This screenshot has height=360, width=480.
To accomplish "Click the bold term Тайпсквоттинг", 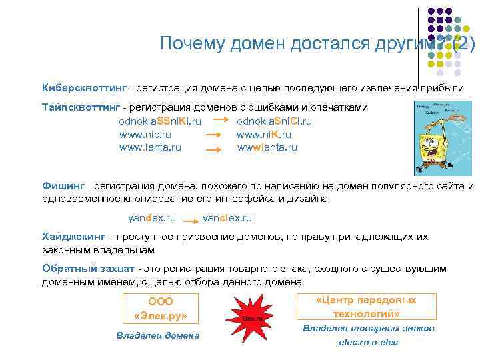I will (82, 107).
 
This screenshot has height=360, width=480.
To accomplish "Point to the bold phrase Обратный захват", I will (88, 269).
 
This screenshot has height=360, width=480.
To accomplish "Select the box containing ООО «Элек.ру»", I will (160, 309).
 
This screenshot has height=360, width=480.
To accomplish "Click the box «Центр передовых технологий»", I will (367, 307).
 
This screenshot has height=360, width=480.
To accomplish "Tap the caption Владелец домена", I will (158, 335).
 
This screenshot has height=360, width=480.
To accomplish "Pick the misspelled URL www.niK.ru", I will (263, 134).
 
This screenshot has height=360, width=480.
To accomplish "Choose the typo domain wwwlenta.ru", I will (267, 147).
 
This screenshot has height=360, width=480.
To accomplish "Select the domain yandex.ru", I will (151, 218).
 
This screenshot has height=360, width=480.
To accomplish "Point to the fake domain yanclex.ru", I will (227, 218).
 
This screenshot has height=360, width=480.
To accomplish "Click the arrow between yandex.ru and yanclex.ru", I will (190, 219).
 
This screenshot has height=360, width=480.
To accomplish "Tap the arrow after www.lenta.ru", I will (213, 149).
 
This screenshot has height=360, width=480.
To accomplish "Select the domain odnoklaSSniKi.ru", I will (160, 121).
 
